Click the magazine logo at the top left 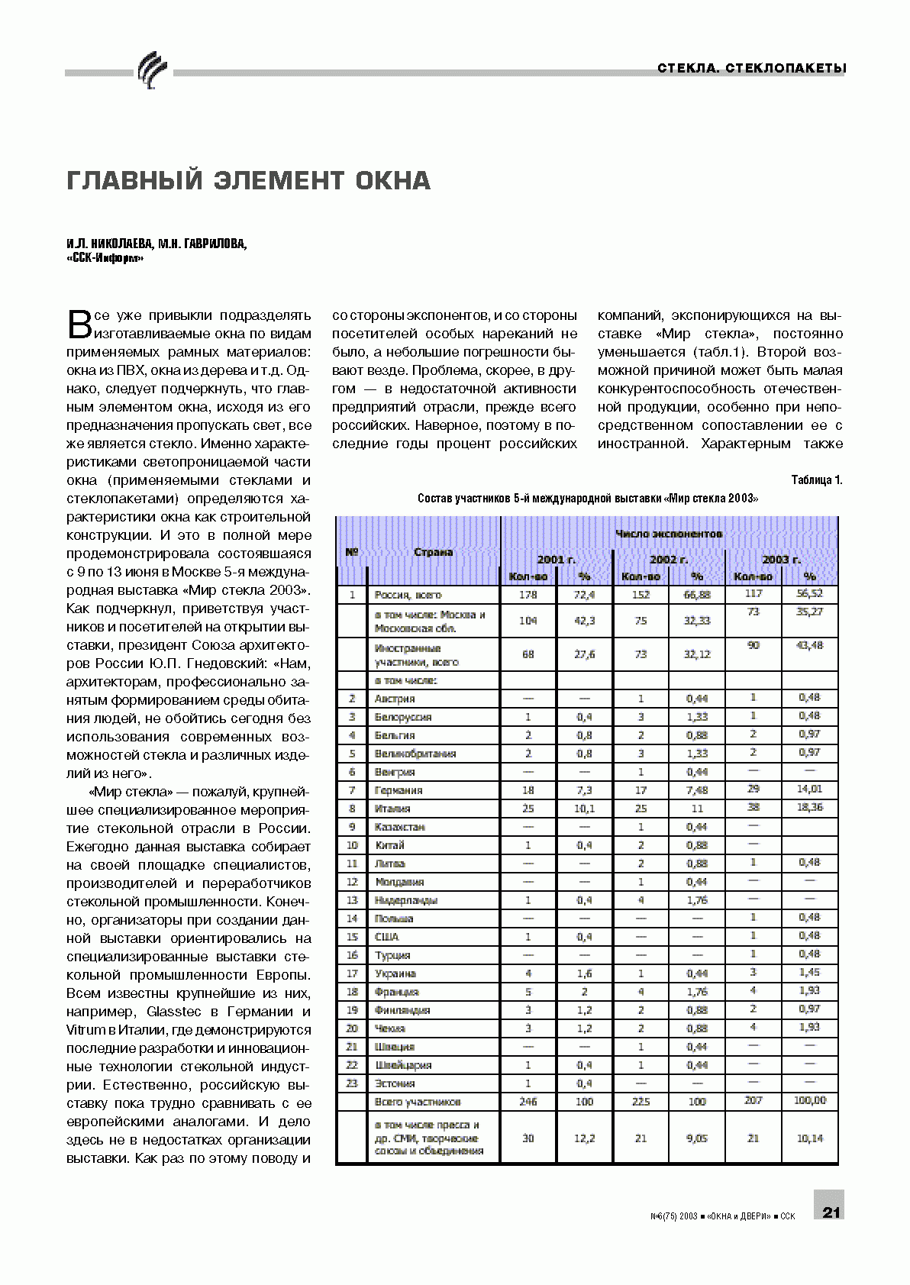(151, 70)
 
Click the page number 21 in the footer (831, 1212)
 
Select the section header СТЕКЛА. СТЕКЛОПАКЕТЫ (752, 69)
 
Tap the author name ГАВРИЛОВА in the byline (212, 244)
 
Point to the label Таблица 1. (816, 480)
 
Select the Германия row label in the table (398, 790)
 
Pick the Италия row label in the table (392, 809)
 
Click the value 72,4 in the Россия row (584, 595)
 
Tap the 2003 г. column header (781, 560)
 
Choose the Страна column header (433, 552)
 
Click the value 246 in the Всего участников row (528, 1102)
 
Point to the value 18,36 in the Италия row (809, 807)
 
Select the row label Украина (395, 973)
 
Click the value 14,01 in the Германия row (809, 789)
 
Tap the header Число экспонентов (669, 534)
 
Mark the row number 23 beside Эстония (352, 1083)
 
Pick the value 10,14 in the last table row (809, 1138)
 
